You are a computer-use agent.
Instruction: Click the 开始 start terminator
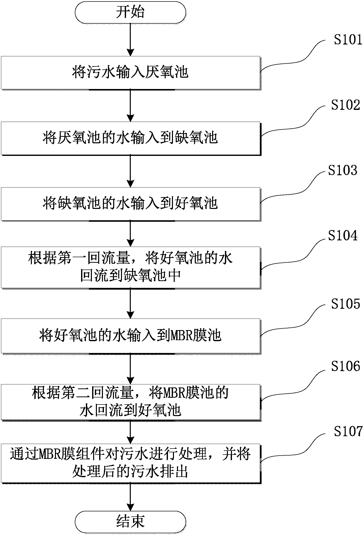130,12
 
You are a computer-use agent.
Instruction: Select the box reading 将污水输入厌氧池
130,73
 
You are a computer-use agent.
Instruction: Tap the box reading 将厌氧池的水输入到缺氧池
130,138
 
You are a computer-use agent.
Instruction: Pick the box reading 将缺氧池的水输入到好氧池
130,204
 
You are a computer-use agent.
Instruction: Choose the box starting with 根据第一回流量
130,267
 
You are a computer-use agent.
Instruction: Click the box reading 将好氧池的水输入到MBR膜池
130,336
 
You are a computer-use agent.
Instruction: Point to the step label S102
345,105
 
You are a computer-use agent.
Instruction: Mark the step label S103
342,170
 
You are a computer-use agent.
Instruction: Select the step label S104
342,236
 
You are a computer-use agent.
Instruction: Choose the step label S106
345,367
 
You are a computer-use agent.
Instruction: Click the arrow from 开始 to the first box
130,40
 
